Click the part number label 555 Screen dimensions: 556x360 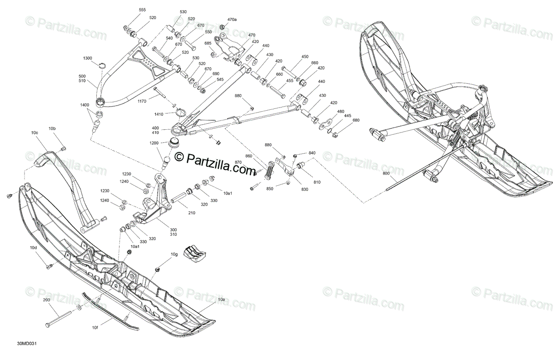point(142,10)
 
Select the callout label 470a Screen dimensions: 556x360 point(232,19)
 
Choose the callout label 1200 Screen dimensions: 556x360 point(154,143)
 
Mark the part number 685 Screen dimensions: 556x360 point(208,43)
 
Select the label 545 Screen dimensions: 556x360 point(220,79)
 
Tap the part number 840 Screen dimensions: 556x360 point(312,153)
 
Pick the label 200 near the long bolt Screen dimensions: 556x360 point(46,300)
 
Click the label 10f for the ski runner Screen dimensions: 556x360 point(95,328)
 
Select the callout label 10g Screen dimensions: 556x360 point(174,254)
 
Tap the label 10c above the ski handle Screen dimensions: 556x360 point(35,133)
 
